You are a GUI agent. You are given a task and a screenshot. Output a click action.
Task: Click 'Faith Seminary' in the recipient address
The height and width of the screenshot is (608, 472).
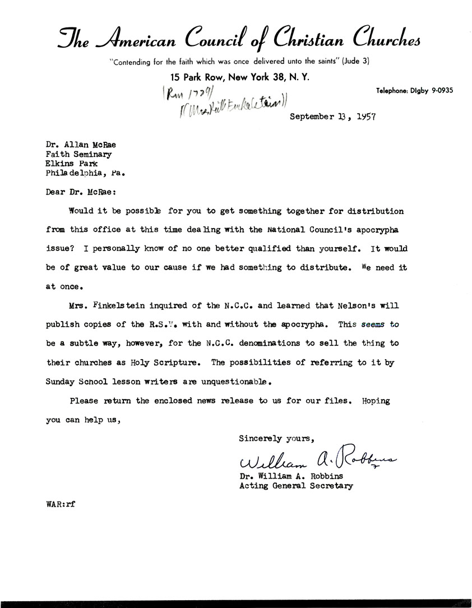point(78,154)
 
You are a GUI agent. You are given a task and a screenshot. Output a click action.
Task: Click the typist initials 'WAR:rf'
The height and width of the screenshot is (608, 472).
point(61,503)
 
